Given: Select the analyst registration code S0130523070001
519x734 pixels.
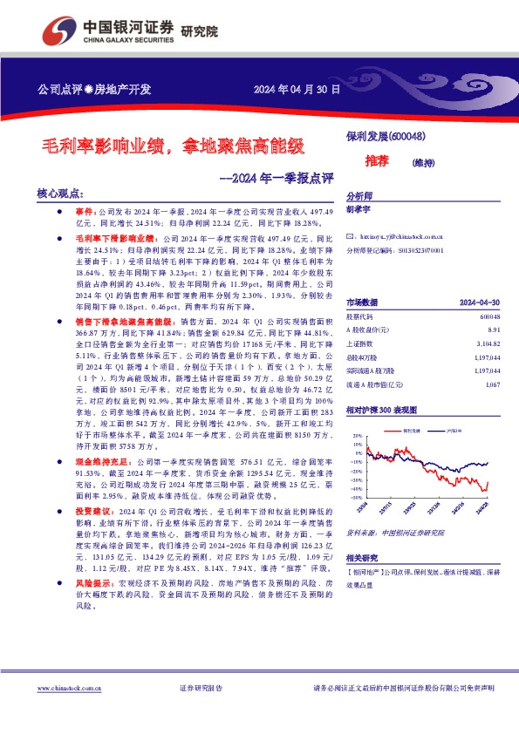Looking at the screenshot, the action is [423, 249].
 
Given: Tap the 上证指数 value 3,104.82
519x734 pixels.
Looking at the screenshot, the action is [490, 343].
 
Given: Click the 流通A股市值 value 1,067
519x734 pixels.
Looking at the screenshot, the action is [495, 384].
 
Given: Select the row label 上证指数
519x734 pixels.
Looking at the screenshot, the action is [361, 343].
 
